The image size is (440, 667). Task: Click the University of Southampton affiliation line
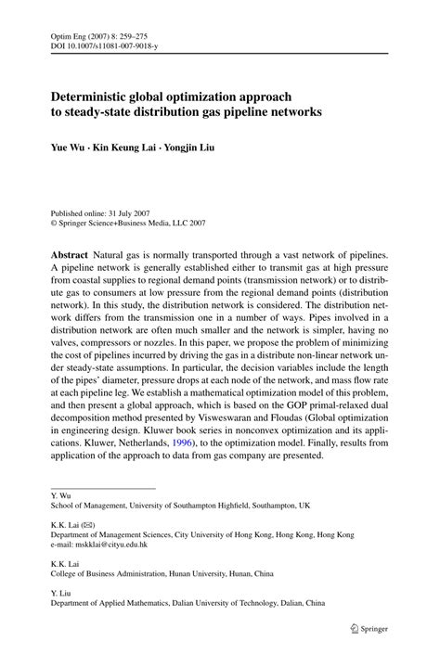pos(180,507)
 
